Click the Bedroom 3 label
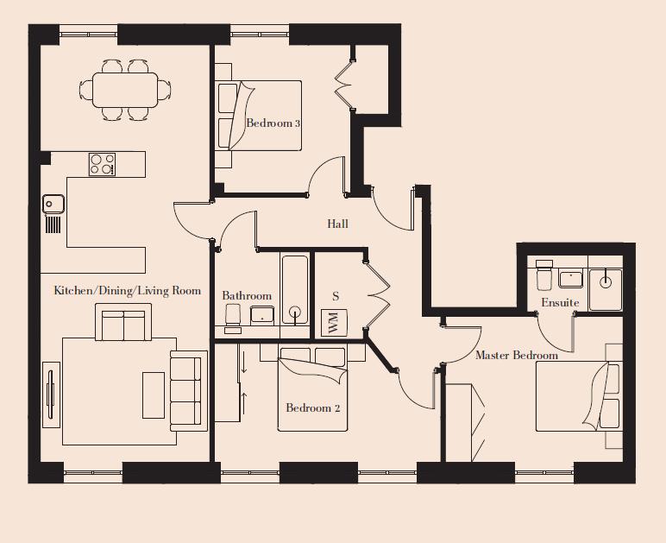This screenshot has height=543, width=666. (273, 123)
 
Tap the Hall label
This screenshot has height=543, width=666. (337, 224)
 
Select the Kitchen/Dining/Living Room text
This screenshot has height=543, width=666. (127, 291)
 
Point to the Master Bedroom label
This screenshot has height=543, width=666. (516, 355)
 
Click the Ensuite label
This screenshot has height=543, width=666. (560, 302)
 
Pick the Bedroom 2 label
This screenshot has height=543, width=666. (313, 407)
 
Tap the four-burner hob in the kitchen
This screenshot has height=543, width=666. (103, 163)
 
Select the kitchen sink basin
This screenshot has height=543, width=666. (53, 203)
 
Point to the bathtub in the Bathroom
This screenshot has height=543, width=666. (295, 289)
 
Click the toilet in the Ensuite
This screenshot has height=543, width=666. (543, 276)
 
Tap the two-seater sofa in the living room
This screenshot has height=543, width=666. (124, 325)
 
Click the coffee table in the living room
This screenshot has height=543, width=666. (153, 394)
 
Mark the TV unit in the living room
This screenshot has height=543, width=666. (51, 394)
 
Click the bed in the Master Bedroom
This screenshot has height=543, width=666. (578, 396)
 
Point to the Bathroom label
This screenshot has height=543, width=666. (247, 295)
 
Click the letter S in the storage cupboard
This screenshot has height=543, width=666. (336, 296)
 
